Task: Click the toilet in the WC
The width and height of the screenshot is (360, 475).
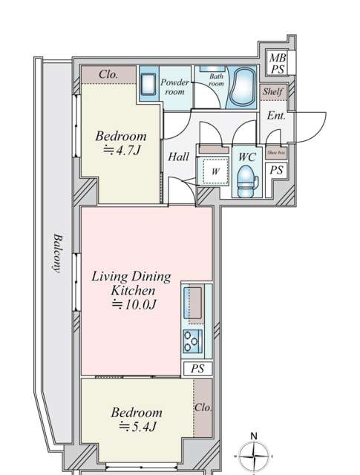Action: [x=246, y=181]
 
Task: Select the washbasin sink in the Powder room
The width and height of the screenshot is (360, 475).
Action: [x=148, y=84]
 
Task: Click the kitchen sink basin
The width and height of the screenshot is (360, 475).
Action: [x=193, y=303]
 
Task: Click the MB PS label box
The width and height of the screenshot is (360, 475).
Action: [x=278, y=63]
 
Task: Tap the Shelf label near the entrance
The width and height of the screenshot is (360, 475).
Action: [x=273, y=91]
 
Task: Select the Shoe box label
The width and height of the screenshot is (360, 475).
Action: [x=276, y=153]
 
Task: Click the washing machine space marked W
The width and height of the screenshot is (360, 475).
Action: [x=215, y=171]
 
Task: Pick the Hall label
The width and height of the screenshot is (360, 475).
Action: [x=178, y=157]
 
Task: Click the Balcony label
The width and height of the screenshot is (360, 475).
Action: [x=58, y=253]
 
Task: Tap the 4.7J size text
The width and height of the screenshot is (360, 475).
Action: [x=122, y=150]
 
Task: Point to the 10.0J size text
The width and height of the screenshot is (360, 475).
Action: [x=134, y=304]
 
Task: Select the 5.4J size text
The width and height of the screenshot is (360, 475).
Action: [x=137, y=427]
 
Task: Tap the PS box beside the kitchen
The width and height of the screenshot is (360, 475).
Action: [x=197, y=369]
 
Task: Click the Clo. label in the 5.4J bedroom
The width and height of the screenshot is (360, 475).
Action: [x=203, y=407]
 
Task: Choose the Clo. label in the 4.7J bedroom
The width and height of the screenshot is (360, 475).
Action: [x=108, y=74]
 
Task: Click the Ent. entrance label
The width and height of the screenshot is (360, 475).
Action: [x=276, y=116]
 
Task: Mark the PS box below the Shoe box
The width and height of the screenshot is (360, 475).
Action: [x=276, y=170]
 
